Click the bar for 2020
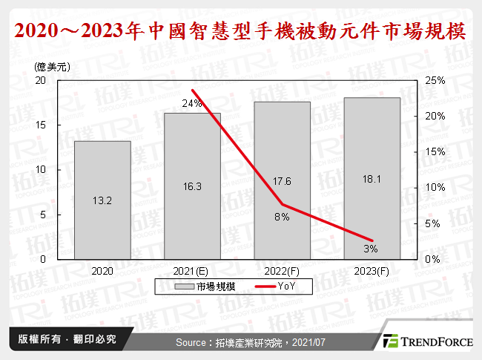click(x=102, y=200)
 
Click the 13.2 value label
click(x=102, y=201)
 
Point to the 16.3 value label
click(x=192, y=187)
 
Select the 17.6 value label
click(x=282, y=181)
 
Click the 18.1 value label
click(x=372, y=180)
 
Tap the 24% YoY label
click(x=192, y=104)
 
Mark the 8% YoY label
click(x=282, y=217)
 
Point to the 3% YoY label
click(x=372, y=248)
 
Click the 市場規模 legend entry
click(x=205, y=286)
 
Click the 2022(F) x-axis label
click(x=282, y=271)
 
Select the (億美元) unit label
click(x=52, y=67)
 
